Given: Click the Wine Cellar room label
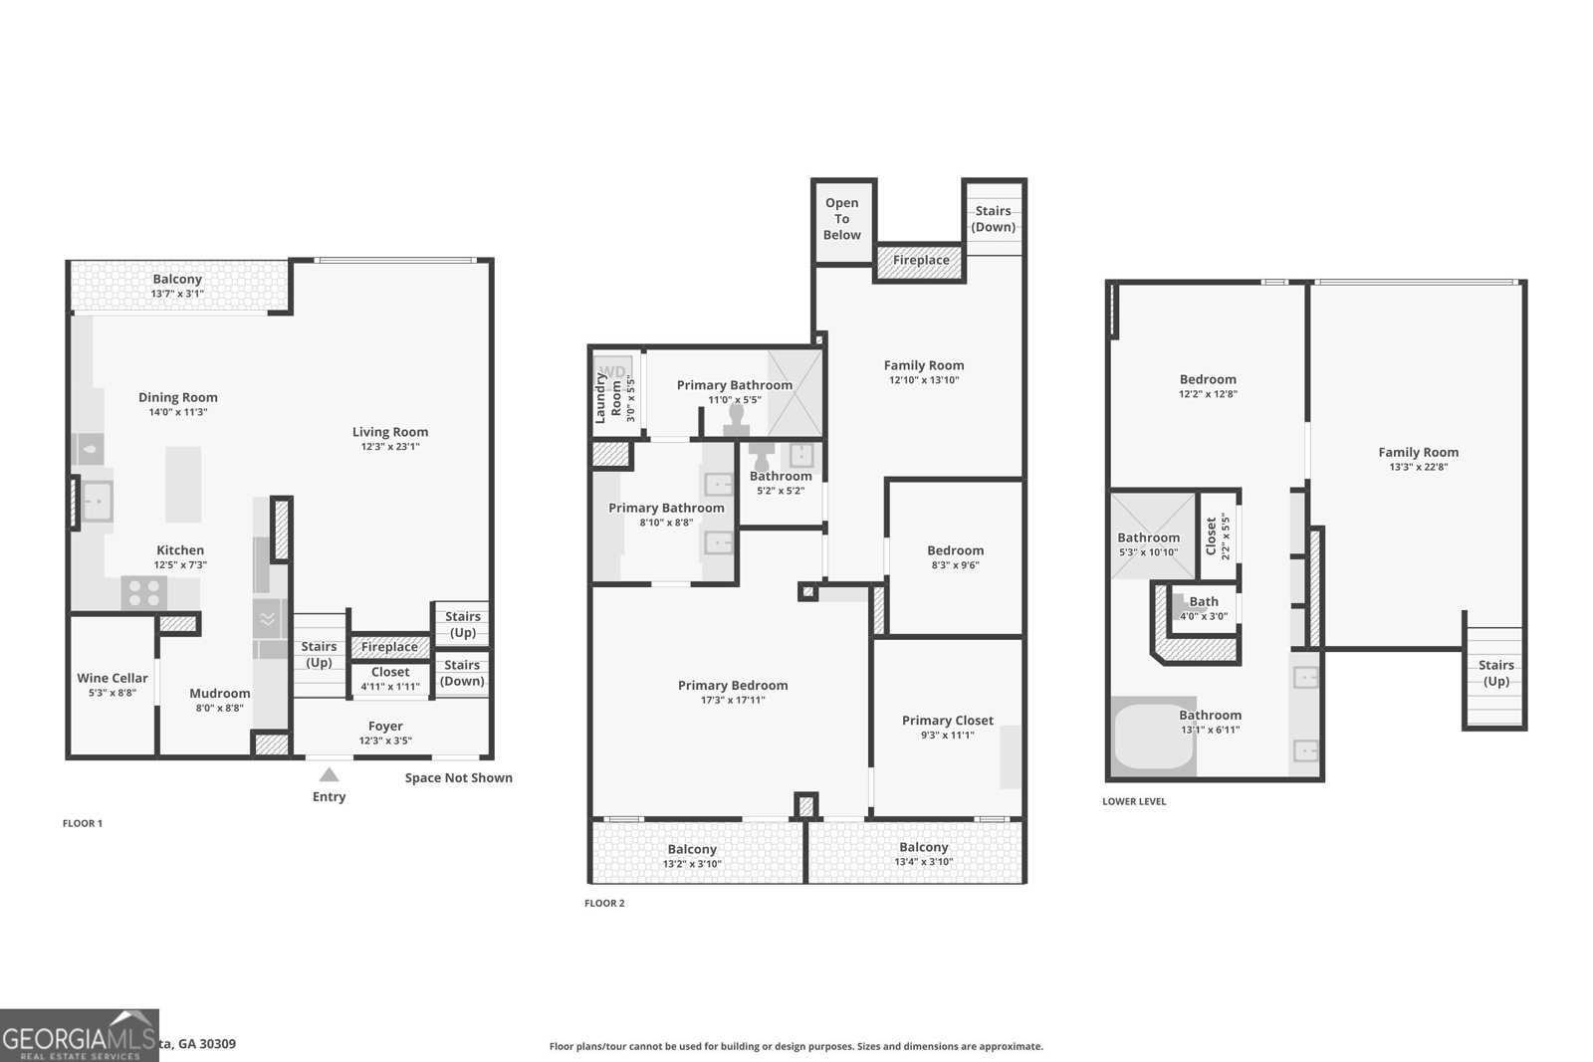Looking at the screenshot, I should coord(113,678).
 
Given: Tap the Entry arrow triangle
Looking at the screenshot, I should coord(329,774).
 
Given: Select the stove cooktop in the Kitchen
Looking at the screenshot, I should coord(143,593).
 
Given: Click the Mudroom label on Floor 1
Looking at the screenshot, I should coord(220,694).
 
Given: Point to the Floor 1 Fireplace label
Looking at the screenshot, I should coord(389,647).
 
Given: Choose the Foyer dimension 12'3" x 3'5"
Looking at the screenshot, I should coord(385,741).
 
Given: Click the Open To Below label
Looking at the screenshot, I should coord(841,219).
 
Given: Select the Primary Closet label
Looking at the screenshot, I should coord(947,721).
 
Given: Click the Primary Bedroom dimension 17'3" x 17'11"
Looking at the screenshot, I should coord(733,701).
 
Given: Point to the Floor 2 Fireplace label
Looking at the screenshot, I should coord(921,261).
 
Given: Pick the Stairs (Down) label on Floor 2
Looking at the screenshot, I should coord(993,219).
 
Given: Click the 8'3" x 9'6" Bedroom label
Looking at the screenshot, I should coord(955,550).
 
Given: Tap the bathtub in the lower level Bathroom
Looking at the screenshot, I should coord(1154,738).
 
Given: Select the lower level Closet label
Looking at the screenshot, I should coord(1212,536).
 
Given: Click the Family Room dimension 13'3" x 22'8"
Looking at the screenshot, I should coord(1418,467).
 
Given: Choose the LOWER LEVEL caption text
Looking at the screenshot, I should coord(1134,801).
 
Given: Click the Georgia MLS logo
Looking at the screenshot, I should coord(79,1035).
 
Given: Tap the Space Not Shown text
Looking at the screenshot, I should coord(458,778).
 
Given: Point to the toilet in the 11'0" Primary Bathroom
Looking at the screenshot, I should coord(738,416).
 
